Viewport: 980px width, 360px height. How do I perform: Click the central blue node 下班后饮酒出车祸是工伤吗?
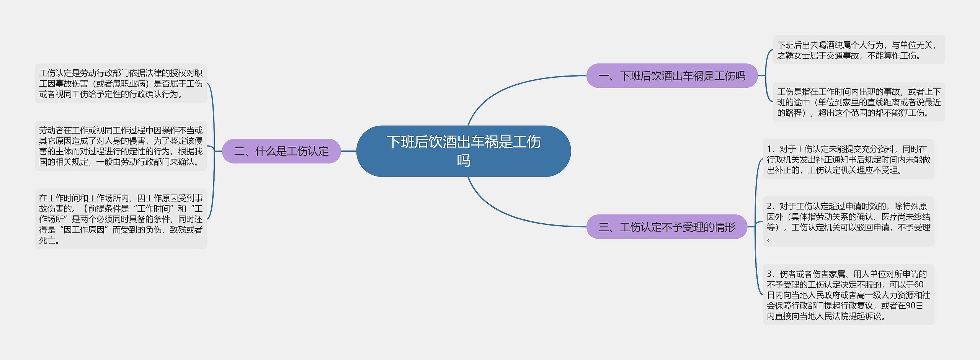(x=463, y=151)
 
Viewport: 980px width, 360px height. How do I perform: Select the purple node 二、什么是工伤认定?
(x=281, y=151)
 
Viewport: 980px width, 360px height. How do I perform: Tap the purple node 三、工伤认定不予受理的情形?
(x=666, y=227)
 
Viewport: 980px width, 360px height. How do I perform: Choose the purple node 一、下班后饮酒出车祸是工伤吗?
(x=672, y=76)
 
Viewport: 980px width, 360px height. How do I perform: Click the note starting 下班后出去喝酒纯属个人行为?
(x=859, y=50)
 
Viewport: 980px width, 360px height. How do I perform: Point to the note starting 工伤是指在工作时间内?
(x=859, y=102)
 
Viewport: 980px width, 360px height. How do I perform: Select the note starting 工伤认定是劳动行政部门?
(x=121, y=83)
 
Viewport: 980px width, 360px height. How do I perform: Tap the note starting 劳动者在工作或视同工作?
(x=121, y=146)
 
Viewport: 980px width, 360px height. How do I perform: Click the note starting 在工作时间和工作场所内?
(x=121, y=219)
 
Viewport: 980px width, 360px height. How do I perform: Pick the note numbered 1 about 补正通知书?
(x=848, y=159)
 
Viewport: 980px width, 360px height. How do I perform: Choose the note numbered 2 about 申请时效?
(x=848, y=221)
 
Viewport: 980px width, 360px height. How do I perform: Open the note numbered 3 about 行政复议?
(x=848, y=295)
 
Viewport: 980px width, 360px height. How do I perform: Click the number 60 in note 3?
(x=918, y=285)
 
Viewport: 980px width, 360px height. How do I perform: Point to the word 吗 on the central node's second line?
(x=463, y=160)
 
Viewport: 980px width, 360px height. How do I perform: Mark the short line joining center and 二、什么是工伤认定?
(x=348, y=151)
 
